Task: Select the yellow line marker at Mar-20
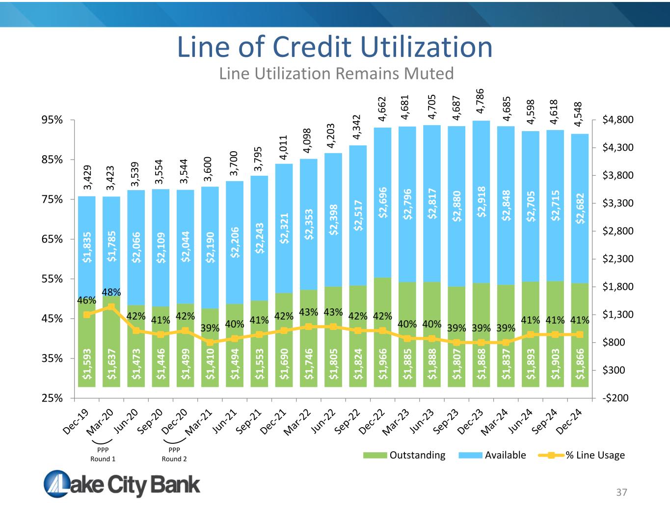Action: point(111,307)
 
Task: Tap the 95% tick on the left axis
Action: point(52,120)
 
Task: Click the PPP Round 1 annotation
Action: point(103,454)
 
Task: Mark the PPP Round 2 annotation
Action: point(174,454)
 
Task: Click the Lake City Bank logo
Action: point(122,484)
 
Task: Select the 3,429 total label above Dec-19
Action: point(87,178)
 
